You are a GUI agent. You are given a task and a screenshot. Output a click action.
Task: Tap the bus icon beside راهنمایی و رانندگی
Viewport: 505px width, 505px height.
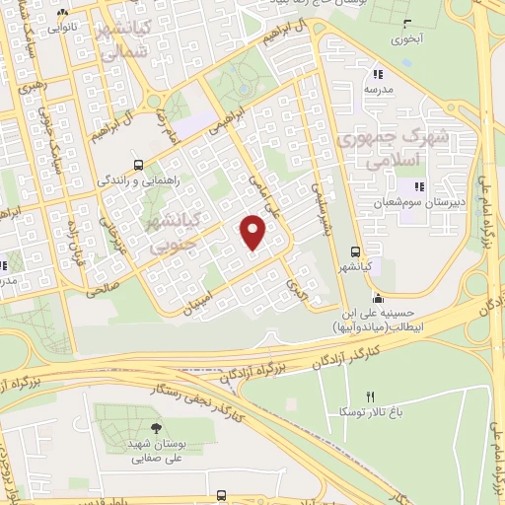click(x=137, y=165)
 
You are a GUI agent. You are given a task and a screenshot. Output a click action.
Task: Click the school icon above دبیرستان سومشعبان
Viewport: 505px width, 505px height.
click(x=418, y=185)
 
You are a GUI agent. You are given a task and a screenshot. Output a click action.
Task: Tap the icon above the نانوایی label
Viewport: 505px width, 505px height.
click(x=63, y=15)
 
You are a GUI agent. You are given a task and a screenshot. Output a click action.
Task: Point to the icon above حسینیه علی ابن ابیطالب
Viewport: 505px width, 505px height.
click(x=377, y=298)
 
